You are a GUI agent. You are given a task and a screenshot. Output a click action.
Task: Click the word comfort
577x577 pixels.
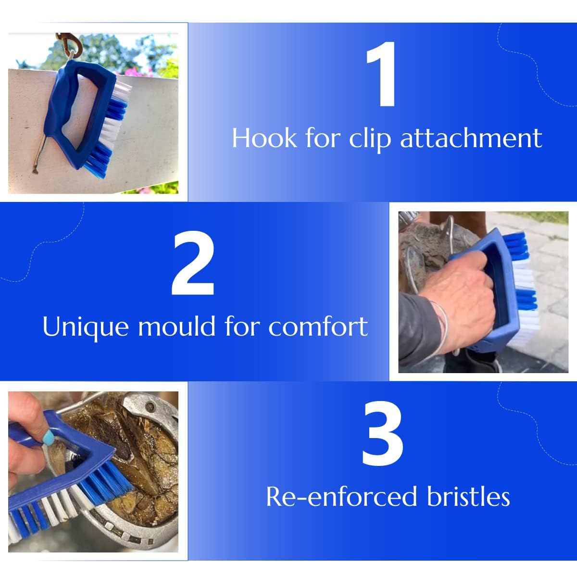click(318, 327)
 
